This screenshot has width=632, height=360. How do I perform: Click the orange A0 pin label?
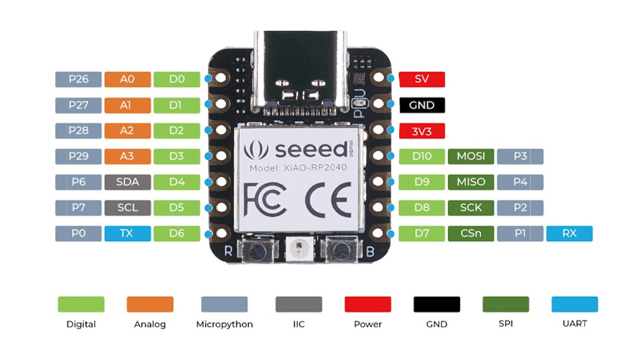(x=128, y=80)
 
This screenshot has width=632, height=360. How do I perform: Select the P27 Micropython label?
(x=78, y=105)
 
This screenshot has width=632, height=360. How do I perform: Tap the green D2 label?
(x=177, y=131)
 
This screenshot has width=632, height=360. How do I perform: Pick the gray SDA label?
(x=128, y=182)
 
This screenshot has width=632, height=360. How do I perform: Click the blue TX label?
(x=128, y=234)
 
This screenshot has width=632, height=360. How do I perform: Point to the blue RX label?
(x=569, y=234)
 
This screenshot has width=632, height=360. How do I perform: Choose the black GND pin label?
(x=421, y=105)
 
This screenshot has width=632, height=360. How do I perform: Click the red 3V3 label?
(x=421, y=131)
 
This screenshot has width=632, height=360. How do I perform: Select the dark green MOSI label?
(x=470, y=156)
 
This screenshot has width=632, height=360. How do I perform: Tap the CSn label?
(x=470, y=234)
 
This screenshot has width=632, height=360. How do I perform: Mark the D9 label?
(x=421, y=182)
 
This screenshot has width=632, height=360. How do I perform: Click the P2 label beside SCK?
(x=520, y=208)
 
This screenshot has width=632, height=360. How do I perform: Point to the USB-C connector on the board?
(x=300, y=71)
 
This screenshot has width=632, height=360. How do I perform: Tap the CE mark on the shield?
(x=328, y=200)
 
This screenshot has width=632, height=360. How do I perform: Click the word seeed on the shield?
(x=311, y=150)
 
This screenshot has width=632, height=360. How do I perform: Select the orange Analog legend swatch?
(x=150, y=304)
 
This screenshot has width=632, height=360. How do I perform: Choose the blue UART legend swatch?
(x=575, y=304)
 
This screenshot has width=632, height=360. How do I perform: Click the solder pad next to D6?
(x=221, y=233)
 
